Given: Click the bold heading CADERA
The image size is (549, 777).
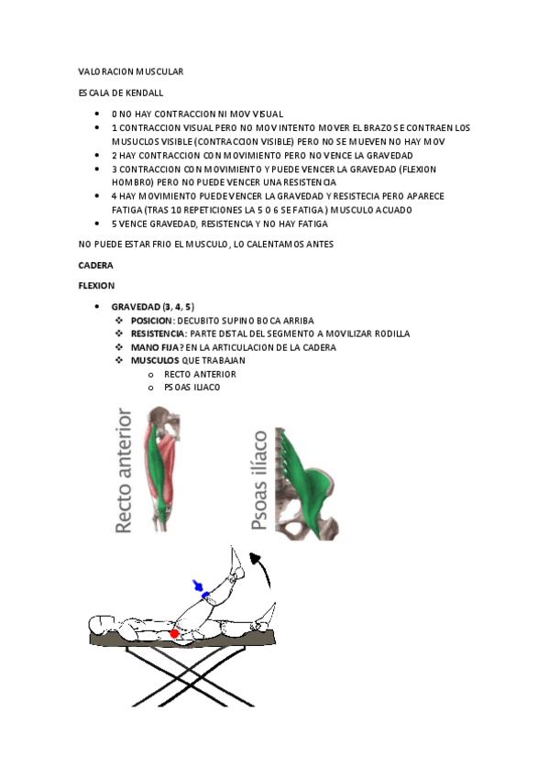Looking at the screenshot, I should pyautogui.click(x=95, y=265).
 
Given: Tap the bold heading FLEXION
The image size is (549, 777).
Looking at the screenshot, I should pyautogui.click(x=96, y=286).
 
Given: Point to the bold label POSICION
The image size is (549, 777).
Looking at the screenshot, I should pyautogui.click(x=151, y=321).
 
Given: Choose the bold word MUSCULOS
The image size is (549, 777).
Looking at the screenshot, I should pyautogui.click(x=155, y=360).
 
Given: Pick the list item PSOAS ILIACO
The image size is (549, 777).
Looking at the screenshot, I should pyautogui.click(x=192, y=387).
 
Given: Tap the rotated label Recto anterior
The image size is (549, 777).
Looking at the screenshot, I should pyautogui.click(x=126, y=472).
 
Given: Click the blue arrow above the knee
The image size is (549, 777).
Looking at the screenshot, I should pyautogui.click(x=198, y=586).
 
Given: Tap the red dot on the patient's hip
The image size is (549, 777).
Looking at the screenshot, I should pyautogui.click(x=174, y=633).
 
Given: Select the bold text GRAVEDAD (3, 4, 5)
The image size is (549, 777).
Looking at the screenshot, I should pyautogui.click(x=152, y=306).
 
